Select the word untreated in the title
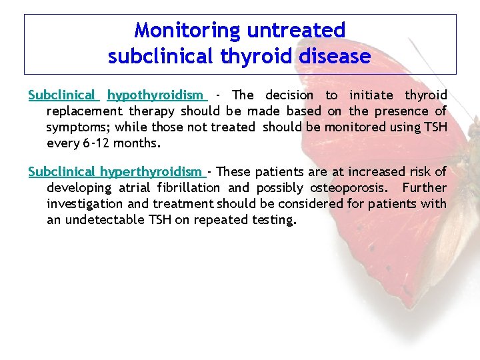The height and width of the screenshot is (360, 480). pos(296,31)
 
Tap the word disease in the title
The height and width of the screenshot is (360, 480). pos(335,57)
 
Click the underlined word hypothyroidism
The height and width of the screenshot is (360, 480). pos(157,95)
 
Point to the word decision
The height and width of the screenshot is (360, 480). pos(289,95)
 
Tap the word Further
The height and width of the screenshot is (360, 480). pos(424,188)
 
